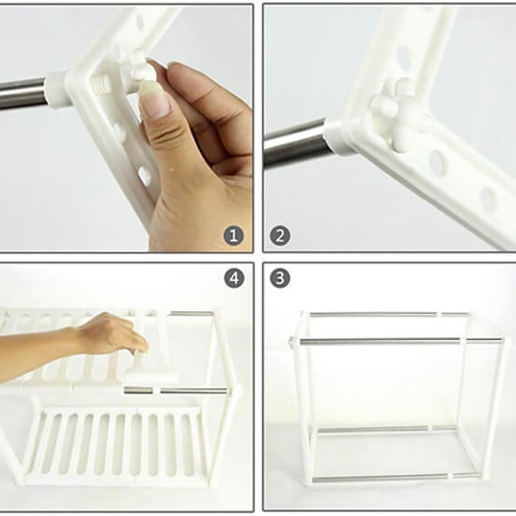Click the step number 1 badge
tap(233, 236)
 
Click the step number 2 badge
tap(280, 236)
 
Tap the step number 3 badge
tap(280, 278)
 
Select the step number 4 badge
tap(233, 278)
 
